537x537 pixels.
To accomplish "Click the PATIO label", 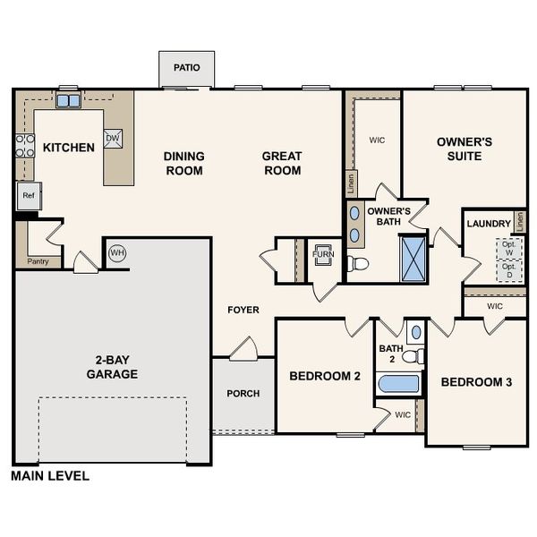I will pos(187,68).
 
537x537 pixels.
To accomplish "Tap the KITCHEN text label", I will pos(69,147).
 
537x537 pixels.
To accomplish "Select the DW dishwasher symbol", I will pos(113,138).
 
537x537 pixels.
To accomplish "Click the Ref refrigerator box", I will pos(28,195).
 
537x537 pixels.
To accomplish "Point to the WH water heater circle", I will pos(116,253).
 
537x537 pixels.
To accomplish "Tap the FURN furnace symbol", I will pos(321,253).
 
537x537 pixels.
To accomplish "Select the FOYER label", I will pos(243,311).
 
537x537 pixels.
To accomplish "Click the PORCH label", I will pos(243,393).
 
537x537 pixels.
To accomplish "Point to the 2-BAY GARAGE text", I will pos(112,367).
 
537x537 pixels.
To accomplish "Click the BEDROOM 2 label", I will pos(324,377).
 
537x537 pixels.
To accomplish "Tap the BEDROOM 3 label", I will pos(476,382).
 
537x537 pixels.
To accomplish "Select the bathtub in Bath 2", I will pos(398,384).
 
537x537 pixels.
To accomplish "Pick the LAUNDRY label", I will pos(489,223).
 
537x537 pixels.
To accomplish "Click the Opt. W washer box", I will pos(509,247).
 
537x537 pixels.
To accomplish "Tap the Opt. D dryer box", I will pos(509,270).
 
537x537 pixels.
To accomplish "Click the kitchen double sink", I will pos(68,100).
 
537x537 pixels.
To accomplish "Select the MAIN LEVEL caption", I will pos(50,476).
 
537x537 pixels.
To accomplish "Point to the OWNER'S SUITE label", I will pos(465,149).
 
